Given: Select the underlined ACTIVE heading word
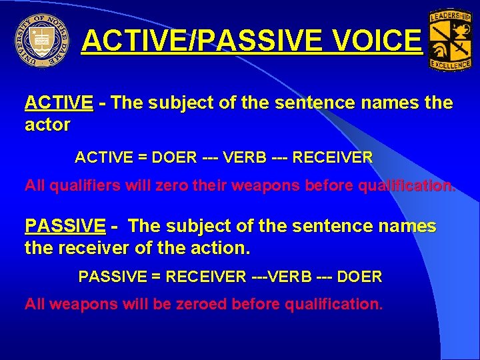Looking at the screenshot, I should tap(59, 103).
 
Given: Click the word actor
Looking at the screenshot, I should tap(47, 125).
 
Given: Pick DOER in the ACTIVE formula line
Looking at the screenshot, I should tap(175, 158).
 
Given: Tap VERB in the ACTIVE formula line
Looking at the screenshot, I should tap(247, 158).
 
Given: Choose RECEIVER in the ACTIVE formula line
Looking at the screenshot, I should tap(333, 158).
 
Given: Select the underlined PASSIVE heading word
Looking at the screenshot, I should tap(65, 227).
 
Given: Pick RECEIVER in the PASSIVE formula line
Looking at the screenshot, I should tap(205, 276).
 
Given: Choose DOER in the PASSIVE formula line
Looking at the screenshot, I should tap(360, 276).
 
